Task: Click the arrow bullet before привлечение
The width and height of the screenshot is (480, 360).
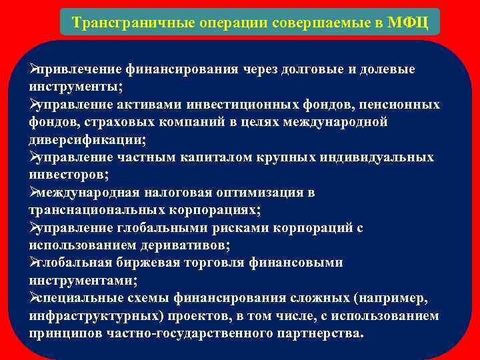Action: click(x=33, y=69)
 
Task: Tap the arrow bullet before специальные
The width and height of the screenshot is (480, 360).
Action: click(x=33, y=297)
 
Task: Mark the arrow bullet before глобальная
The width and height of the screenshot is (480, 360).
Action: click(x=33, y=263)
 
